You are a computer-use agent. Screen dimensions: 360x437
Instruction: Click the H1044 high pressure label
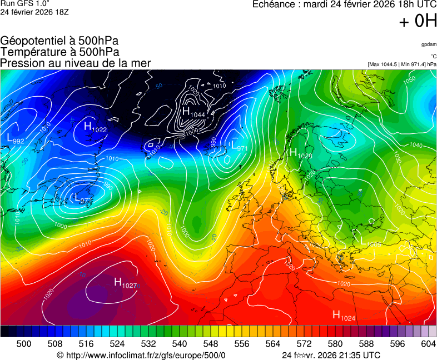(x=193, y=112)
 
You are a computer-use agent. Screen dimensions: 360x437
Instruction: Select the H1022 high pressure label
(x=95, y=127)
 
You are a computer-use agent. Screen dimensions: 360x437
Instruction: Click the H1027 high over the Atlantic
(x=125, y=283)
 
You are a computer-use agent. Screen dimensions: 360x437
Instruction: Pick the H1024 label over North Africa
(x=344, y=316)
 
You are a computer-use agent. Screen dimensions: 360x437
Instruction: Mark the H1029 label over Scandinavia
(x=300, y=154)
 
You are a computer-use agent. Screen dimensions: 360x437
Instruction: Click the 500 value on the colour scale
(x=24, y=344)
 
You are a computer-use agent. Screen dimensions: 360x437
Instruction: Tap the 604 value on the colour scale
(x=428, y=344)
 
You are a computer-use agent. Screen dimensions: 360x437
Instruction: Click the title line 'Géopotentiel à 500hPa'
(x=59, y=42)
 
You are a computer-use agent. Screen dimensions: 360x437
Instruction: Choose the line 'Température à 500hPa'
(x=59, y=52)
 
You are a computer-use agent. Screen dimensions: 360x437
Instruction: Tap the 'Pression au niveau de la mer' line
(x=75, y=63)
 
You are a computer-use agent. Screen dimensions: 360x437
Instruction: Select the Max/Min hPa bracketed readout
(x=402, y=64)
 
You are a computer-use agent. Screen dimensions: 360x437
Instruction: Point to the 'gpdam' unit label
(x=428, y=44)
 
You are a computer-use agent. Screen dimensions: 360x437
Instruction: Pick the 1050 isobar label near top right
(x=409, y=79)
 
